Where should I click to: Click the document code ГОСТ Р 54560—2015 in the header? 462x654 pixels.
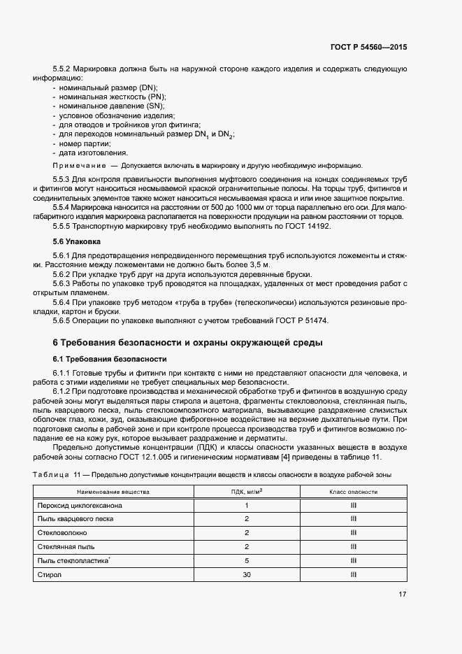[x=368, y=47]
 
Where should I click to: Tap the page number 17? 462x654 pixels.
[x=402, y=595]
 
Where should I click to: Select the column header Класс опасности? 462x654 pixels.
[x=354, y=492]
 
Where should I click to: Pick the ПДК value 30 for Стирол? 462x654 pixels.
[x=247, y=574]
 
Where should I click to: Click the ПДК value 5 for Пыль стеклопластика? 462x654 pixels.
[x=247, y=560]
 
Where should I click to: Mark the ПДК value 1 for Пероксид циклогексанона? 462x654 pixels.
[x=247, y=505]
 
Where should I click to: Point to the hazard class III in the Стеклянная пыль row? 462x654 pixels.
[x=354, y=546]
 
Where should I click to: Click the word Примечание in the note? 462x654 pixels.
[x=78, y=166]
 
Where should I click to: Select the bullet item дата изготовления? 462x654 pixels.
[x=94, y=152]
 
